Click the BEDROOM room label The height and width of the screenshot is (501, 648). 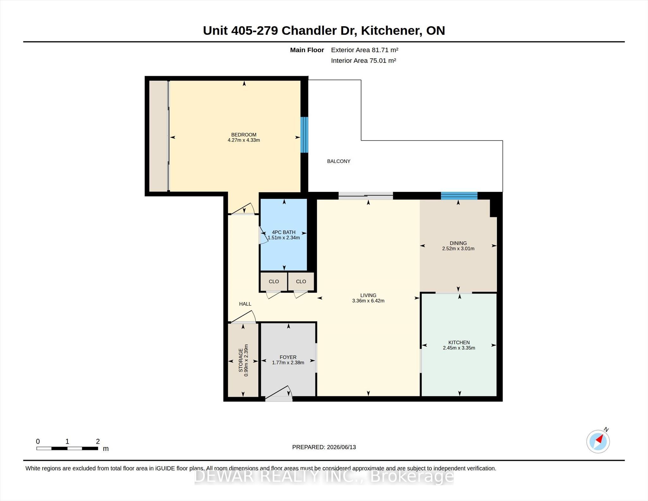(x=244, y=135)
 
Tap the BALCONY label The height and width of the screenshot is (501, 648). (x=339, y=161)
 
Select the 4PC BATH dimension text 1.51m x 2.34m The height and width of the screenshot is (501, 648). (x=284, y=237)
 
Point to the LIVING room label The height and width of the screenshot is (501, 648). (x=368, y=295)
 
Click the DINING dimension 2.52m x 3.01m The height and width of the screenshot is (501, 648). (x=458, y=248)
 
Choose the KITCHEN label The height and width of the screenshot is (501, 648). (x=459, y=342)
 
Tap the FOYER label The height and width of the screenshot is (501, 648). (x=288, y=357)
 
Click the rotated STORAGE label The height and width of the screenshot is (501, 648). (x=241, y=360)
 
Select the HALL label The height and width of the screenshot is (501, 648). (x=245, y=304)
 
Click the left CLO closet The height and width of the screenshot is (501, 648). (x=274, y=281)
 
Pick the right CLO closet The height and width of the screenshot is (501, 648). (x=301, y=281)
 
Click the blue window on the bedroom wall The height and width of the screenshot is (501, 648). (x=304, y=135)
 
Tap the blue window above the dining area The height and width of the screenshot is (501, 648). (x=459, y=196)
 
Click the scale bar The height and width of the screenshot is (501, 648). (x=67, y=448)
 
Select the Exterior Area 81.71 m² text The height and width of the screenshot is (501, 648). (x=364, y=50)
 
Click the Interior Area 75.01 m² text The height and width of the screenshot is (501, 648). (x=364, y=60)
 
